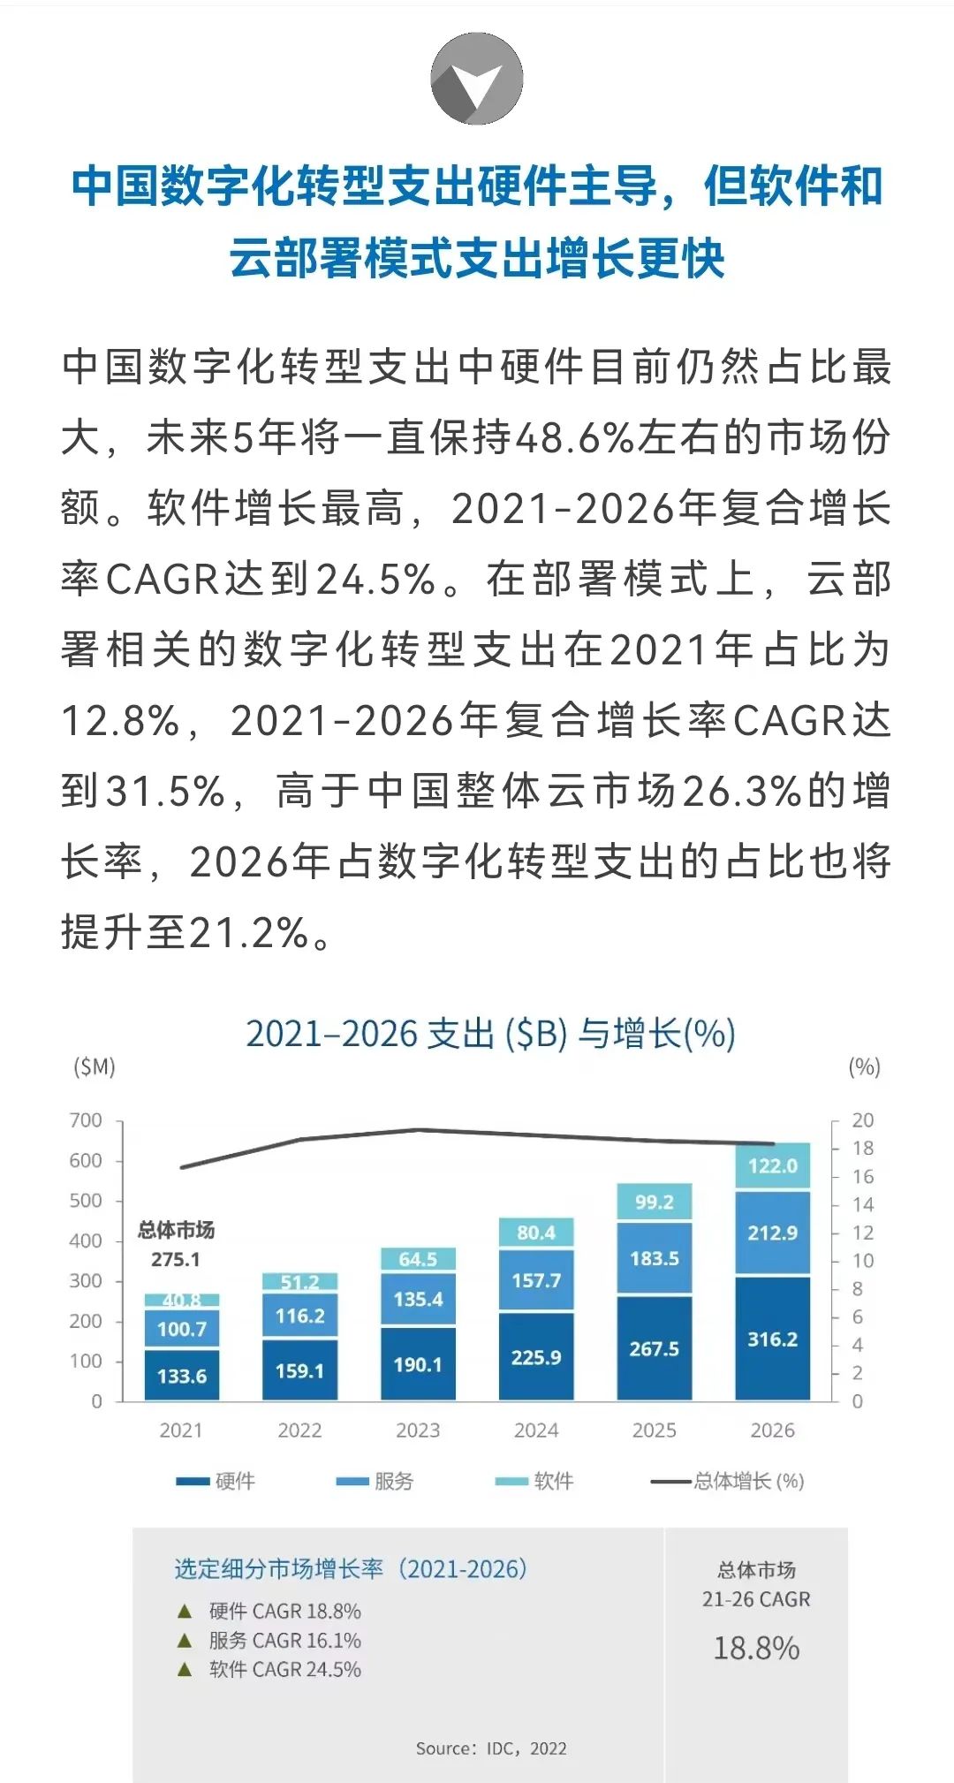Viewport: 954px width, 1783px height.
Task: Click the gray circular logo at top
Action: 476,79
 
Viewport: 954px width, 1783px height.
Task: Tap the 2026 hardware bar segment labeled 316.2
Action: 772,1339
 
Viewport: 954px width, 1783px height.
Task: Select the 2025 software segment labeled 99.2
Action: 654,1203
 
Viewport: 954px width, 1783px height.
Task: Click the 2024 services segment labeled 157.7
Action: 536,1280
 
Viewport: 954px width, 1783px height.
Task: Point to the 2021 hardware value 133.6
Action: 182,1376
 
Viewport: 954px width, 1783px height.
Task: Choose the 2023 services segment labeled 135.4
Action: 418,1299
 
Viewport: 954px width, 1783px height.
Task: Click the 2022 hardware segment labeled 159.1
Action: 300,1370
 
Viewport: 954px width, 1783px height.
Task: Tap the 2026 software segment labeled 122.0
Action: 772,1165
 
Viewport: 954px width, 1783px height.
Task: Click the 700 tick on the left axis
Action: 86,1120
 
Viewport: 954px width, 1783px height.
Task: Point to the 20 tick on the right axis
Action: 862,1120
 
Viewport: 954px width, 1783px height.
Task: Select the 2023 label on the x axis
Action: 418,1430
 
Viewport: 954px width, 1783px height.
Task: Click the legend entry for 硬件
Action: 216,1481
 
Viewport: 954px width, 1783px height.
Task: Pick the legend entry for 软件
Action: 534,1481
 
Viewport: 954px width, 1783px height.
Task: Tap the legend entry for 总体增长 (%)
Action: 728,1481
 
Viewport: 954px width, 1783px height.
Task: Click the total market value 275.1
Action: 176,1259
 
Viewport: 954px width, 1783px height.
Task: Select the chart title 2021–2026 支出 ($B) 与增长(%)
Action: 490,1034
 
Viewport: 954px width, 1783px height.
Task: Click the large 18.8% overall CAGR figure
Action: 756,1649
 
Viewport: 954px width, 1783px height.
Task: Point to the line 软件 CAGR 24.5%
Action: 284,1669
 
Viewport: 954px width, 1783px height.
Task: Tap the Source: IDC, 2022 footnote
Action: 491,1749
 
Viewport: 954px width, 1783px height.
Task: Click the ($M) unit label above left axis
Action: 94,1067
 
